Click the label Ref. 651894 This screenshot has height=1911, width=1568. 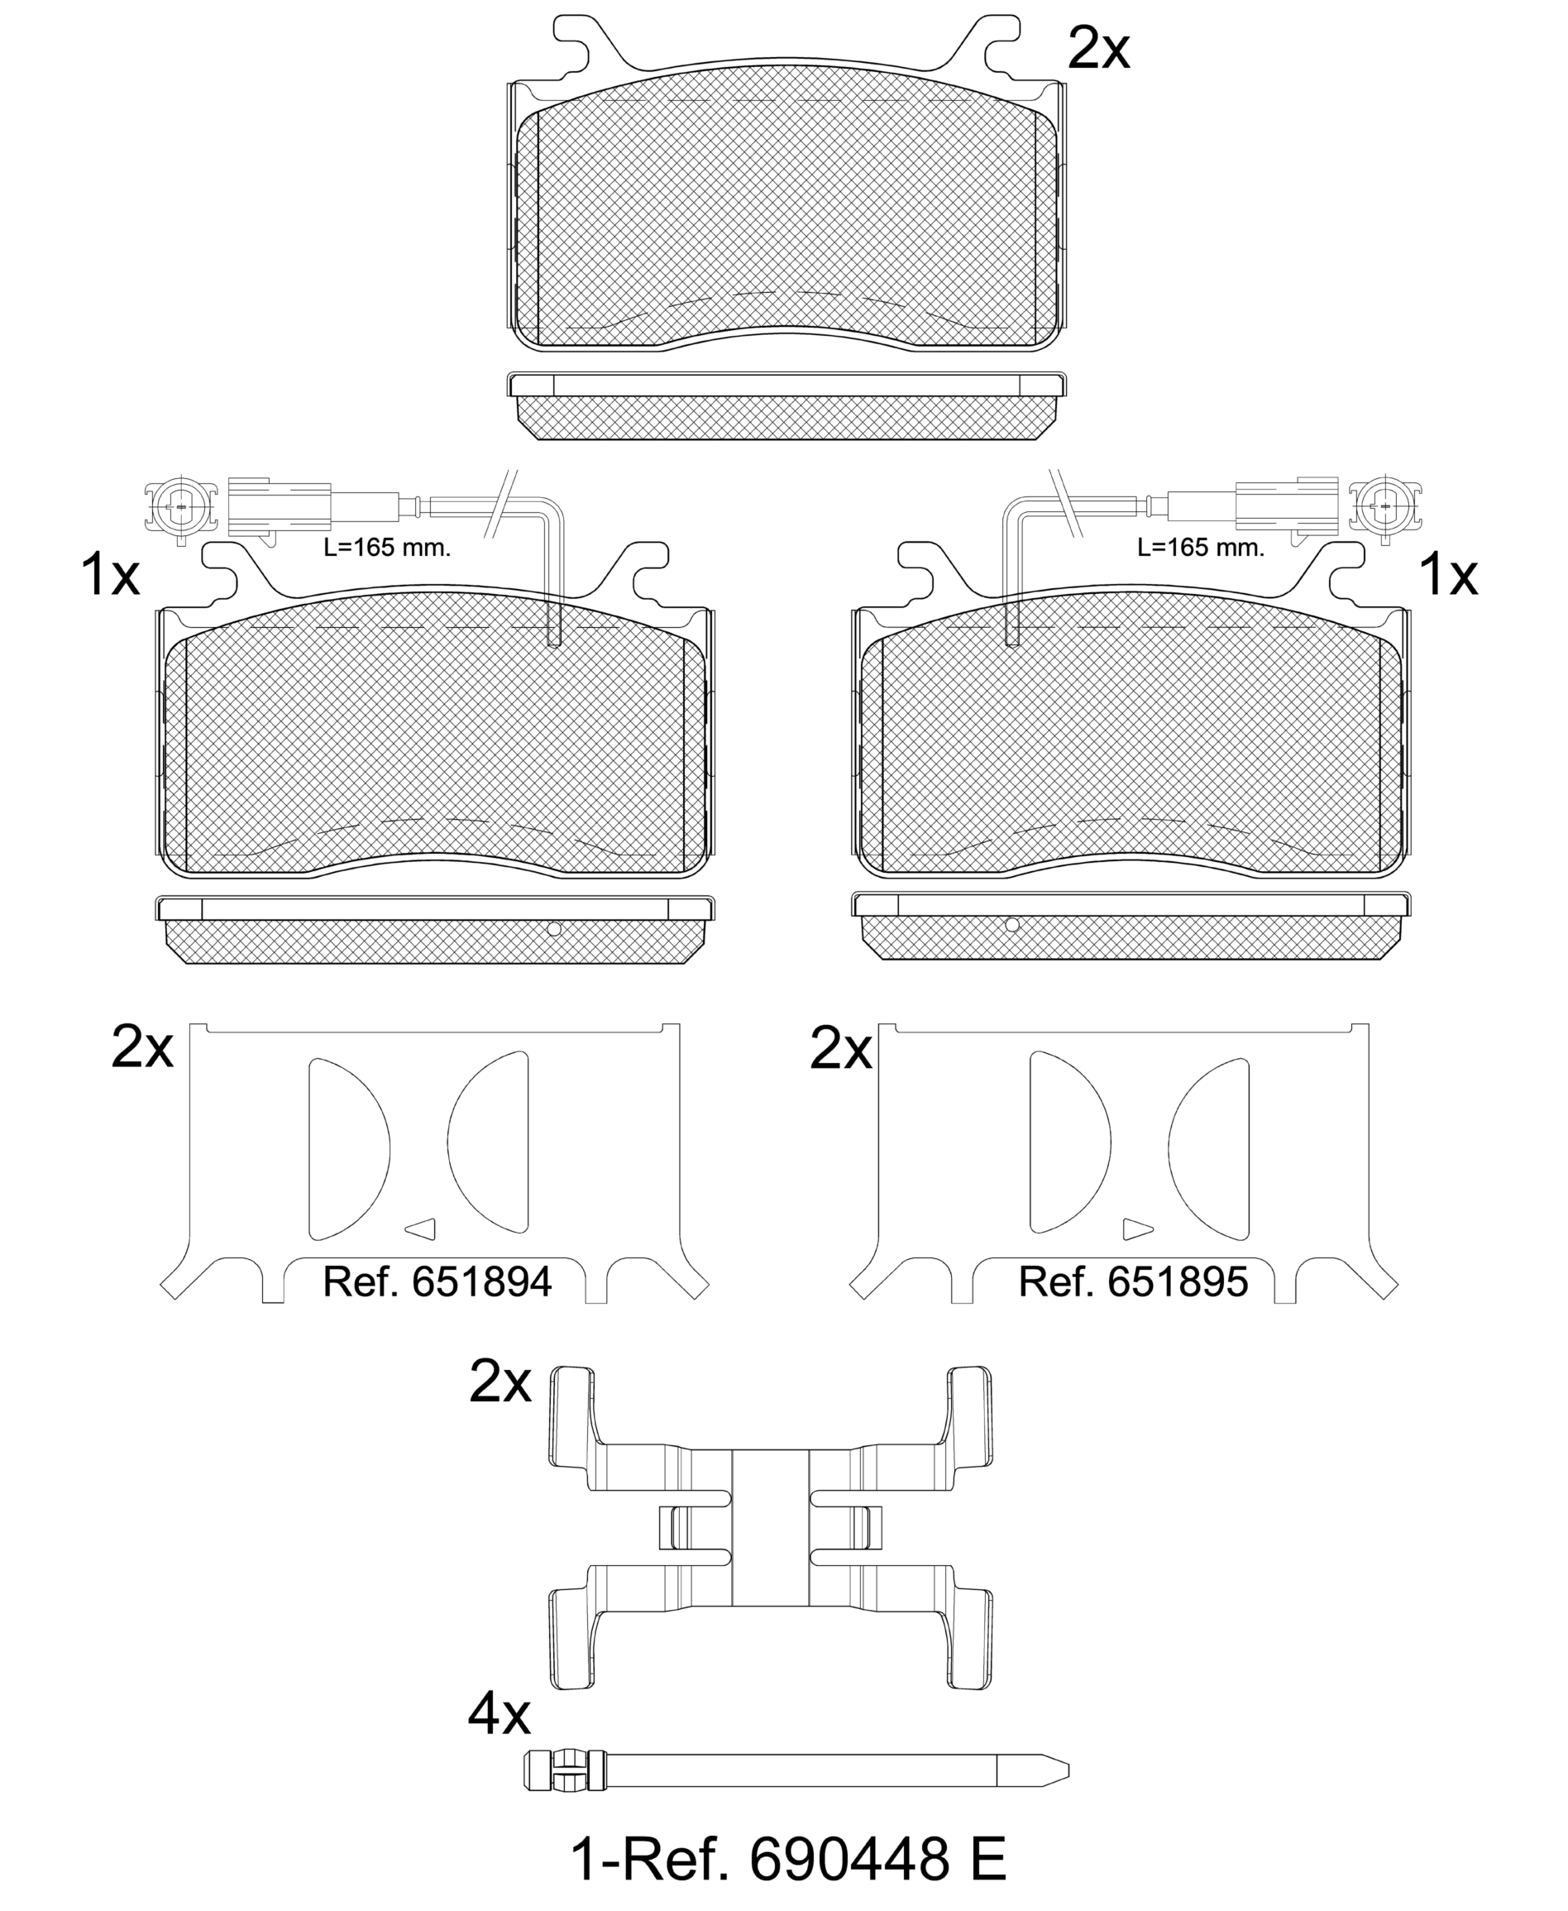437,1282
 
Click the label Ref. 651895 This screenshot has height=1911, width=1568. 1134,1282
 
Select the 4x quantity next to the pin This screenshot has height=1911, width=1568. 500,1713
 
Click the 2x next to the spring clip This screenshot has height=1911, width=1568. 500,1382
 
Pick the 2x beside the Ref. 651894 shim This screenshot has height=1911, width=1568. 141,1047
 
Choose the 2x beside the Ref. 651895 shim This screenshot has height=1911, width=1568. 841,1047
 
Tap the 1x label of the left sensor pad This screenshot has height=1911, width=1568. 110,575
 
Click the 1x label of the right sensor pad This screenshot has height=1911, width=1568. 1449,575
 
